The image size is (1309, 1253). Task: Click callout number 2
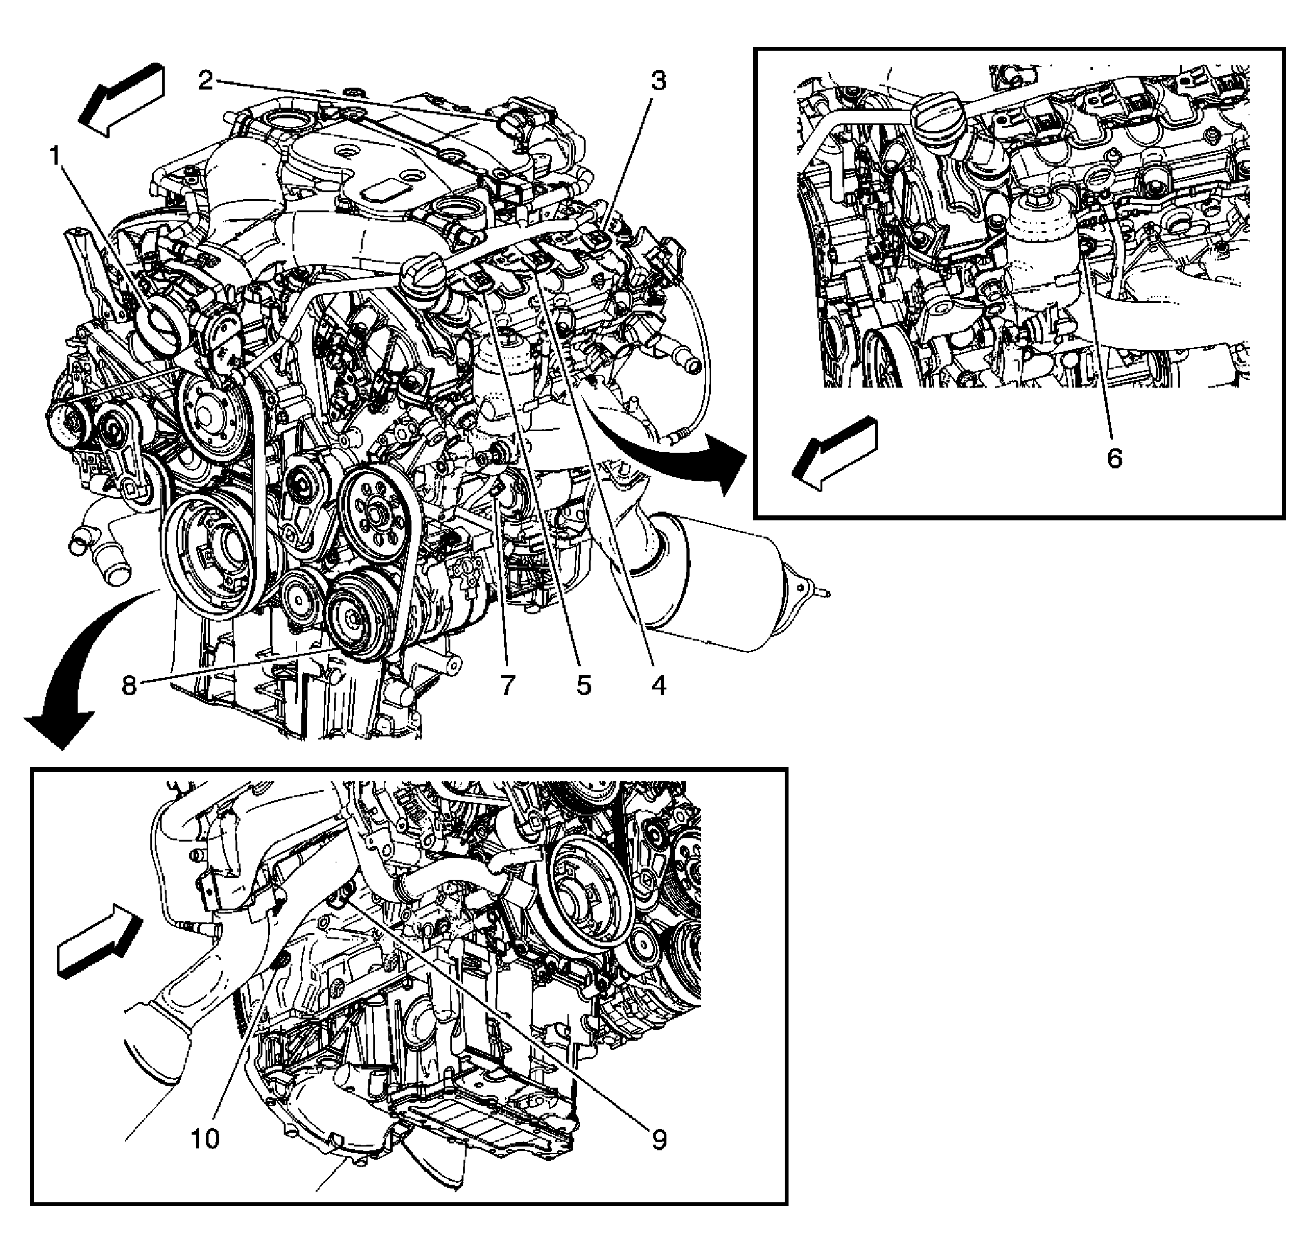205,81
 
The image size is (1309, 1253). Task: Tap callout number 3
658,81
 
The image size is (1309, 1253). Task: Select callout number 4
658,686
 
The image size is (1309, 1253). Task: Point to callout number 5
584,686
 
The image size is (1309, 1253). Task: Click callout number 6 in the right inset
1114,458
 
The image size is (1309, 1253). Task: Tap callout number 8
129,686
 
